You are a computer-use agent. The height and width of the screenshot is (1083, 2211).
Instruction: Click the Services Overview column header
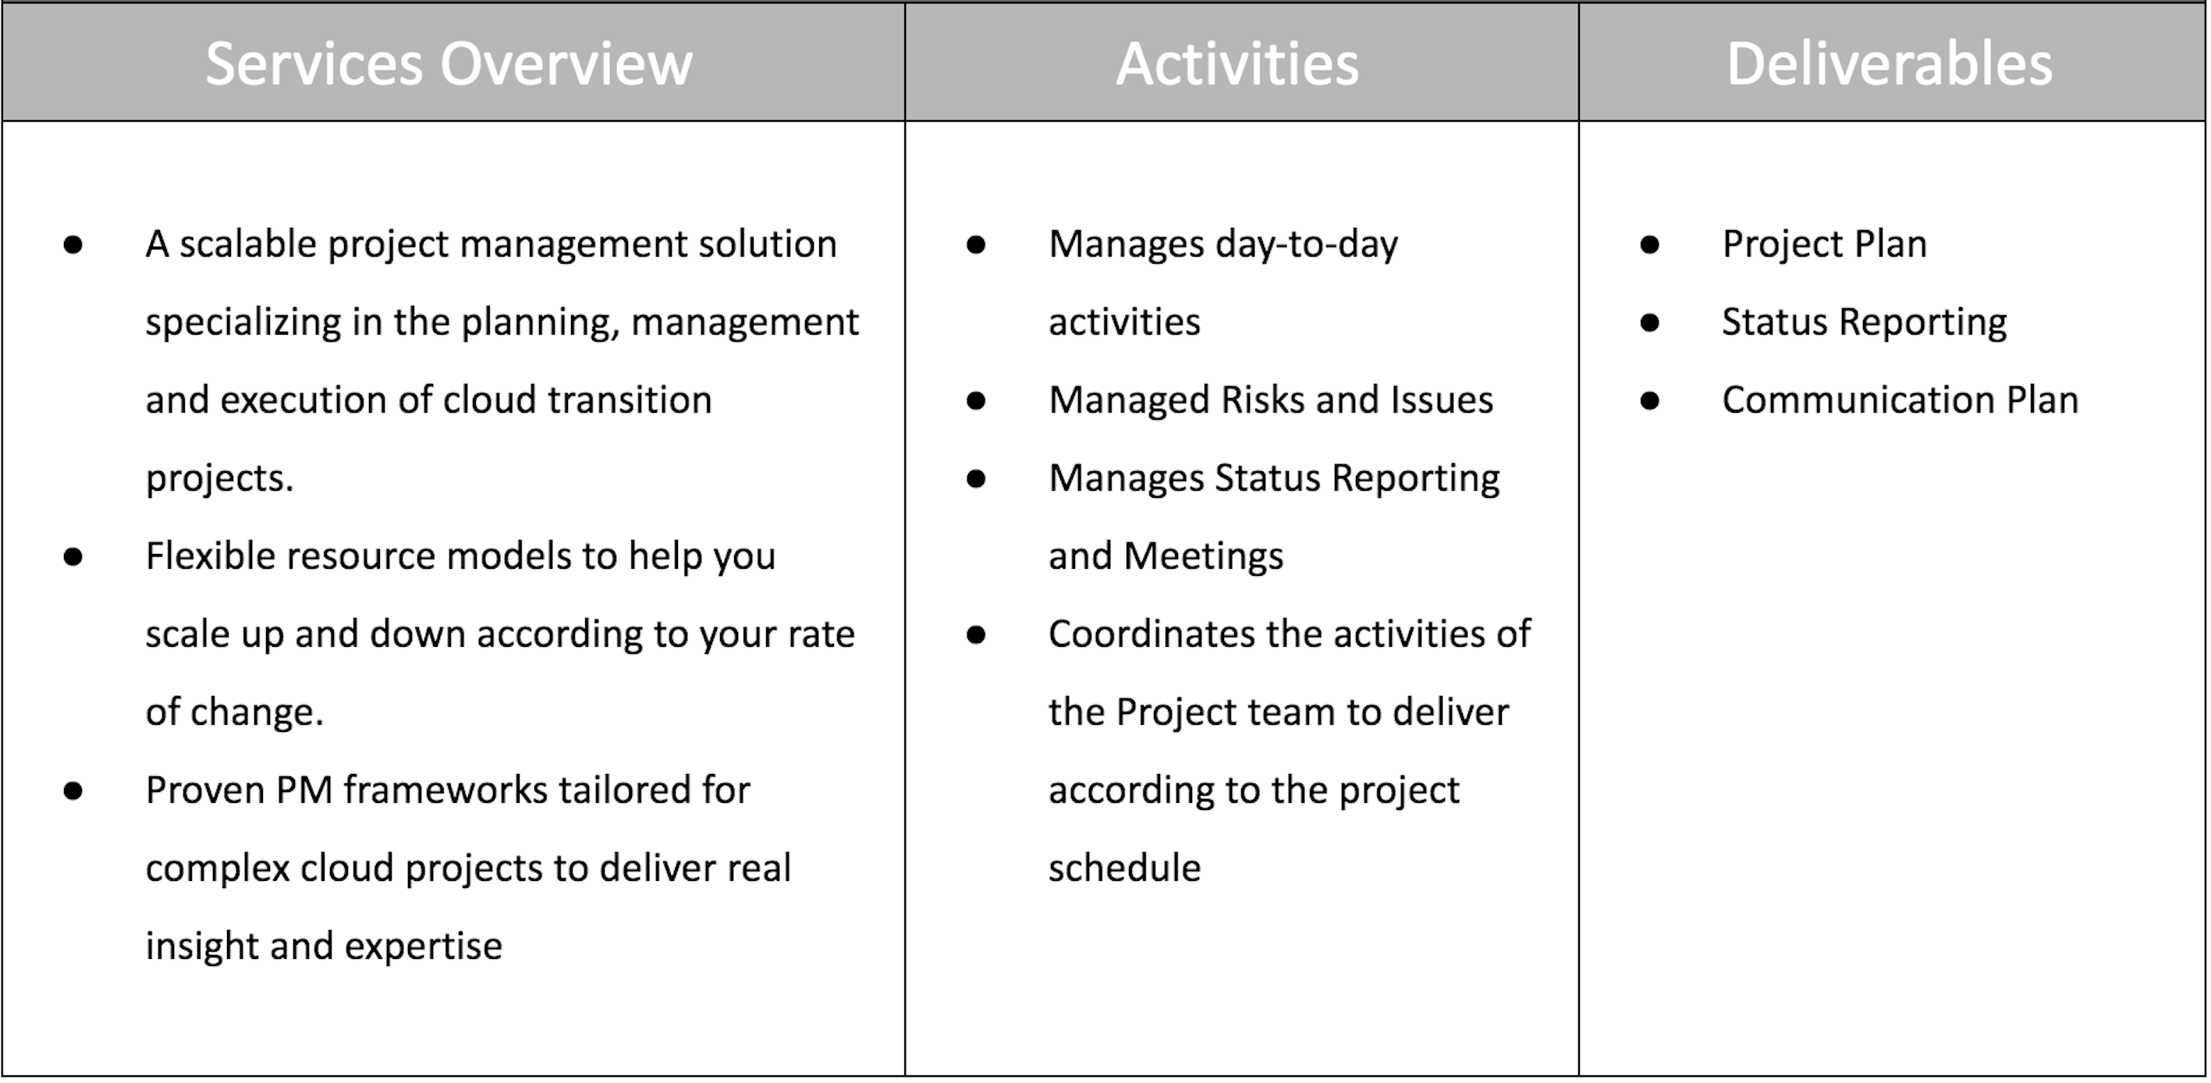tap(449, 63)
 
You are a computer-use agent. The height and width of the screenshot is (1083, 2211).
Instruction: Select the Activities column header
tap(1237, 63)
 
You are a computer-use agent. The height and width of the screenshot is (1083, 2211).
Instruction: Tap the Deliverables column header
tap(1889, 63)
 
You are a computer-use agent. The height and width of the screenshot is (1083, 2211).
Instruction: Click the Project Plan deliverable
tap(1824, 244)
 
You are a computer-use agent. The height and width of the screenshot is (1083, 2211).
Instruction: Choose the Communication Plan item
tap(1900, 401)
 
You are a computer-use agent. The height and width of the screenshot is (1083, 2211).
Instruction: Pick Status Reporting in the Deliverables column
tap(1863, 324)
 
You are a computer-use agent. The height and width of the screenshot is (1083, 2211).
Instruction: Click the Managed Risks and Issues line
tap(1270, 401)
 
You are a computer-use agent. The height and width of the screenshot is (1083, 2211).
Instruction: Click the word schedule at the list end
tap(1124, 868)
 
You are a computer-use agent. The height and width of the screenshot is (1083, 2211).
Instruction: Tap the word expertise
tap(423, 947)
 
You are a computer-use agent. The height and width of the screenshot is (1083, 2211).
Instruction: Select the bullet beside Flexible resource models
tap(73, 557)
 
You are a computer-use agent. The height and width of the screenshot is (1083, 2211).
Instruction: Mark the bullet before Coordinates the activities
tap(976, 635)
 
